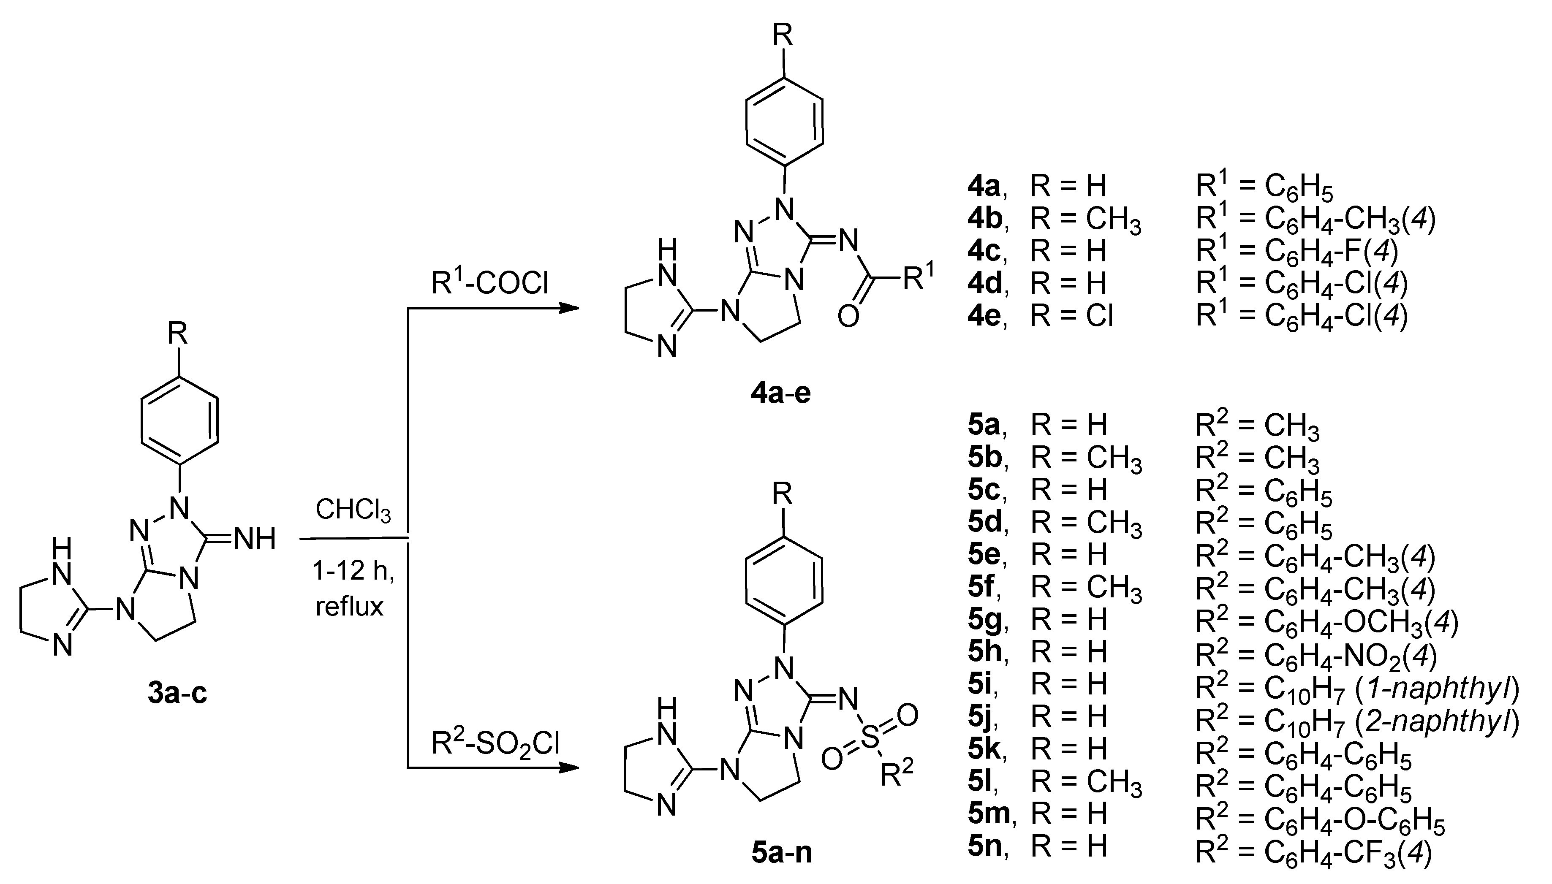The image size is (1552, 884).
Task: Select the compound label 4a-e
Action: (781, 393)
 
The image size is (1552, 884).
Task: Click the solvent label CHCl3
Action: (353, 510)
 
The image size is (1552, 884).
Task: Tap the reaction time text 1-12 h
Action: (353, 571)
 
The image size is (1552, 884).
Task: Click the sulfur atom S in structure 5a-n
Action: (870, 738)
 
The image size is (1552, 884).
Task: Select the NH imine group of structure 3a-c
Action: (255, 539)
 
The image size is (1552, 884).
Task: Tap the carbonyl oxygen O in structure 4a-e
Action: (848, 316)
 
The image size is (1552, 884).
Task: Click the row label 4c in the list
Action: (984, 251)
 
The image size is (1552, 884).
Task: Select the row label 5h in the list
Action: (984, 651)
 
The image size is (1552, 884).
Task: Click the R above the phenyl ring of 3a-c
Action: (177, 334)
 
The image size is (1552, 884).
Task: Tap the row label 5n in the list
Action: (984, 846)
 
